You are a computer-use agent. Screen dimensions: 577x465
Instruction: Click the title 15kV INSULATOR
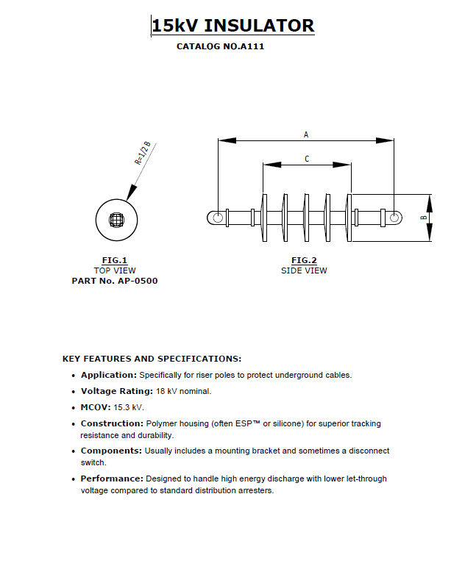click(x=232, y=26)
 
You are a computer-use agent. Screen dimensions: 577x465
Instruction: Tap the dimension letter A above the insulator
click(x=306, y=135)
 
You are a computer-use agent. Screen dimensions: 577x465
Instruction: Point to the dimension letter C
click(x=307, y=159)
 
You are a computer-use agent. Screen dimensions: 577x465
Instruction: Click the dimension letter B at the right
click(x=423, y=218)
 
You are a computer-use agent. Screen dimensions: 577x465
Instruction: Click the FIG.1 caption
click(x=115, y=260)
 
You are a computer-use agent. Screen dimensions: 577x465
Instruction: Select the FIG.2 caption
click(x=304, y=260)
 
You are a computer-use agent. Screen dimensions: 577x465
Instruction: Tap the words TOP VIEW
click(x=115, y=270)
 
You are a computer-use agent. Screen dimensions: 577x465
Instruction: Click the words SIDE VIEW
click(x=304, y=270)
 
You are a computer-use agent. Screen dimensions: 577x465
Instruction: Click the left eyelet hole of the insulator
click(x=218, y=218)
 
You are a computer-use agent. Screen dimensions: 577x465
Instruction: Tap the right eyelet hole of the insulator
click(x=394, y=218)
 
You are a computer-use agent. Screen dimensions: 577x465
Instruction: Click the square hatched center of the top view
click(x=117, y=219)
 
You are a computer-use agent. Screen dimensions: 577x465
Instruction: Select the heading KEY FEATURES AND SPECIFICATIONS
click(x=152, y=359)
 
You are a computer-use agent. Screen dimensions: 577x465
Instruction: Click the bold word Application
click(x=109, y=375)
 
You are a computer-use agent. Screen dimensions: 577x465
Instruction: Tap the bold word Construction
click(x=112, y=423)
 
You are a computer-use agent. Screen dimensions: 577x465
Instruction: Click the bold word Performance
click(x=112, y=479)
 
